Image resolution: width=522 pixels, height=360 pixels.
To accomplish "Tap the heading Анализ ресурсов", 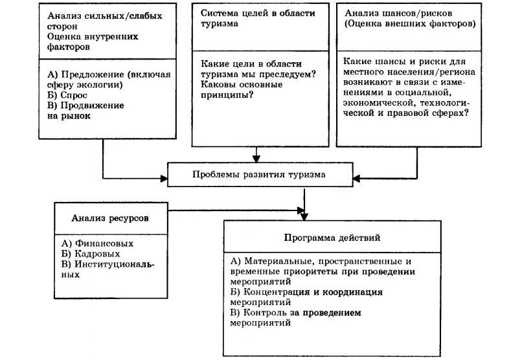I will [x=110, y=218].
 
